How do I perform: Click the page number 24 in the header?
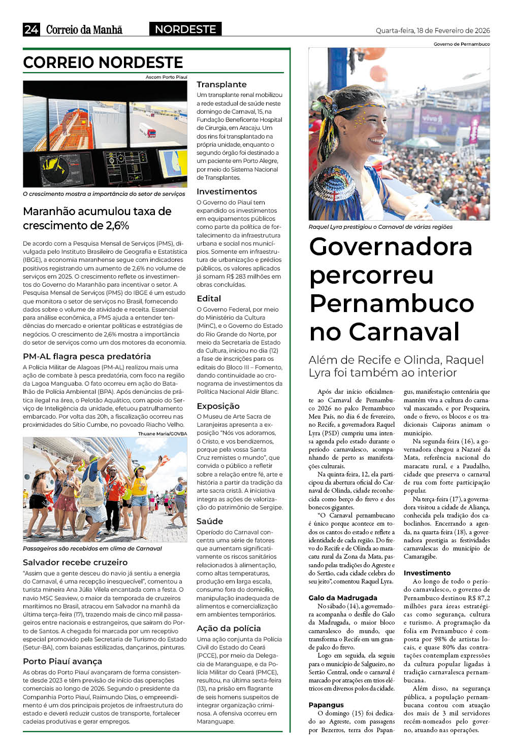(x=31, y=29)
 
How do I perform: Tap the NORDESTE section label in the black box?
(x=185, y=29)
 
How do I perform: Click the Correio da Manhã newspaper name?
(x=84, y=29)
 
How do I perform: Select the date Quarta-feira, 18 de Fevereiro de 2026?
(x=433, y=30)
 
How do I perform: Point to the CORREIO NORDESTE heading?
(x=103, y=62)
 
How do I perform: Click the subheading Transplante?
(x=221, y=84)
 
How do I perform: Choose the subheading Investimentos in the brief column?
(x=227, y=191)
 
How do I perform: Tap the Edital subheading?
(x=209, y=298)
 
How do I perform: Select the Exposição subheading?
(x=218, y=406)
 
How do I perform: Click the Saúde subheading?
(x=210, y=521)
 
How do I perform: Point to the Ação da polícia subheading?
(x=229, y=628)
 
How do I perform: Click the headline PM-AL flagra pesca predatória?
(x=87, y=356)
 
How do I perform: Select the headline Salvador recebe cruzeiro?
(x=75, y=562)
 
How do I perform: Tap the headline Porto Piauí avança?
(x=62, y=661)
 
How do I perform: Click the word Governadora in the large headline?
(x=391, y=247)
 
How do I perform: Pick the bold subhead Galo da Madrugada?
(x=343, y=598)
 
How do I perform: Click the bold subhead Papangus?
(x=326, y=705)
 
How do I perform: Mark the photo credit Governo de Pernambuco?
(x=462, y=44)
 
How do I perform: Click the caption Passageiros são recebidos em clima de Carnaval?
(x=92, y=548)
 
